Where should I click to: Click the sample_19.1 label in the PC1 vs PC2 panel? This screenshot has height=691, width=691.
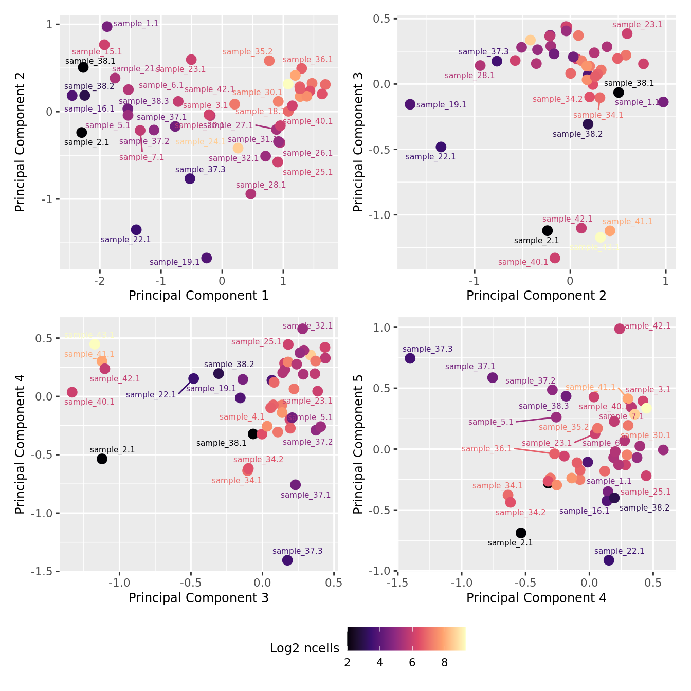174,262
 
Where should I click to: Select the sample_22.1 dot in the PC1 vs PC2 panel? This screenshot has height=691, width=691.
136,230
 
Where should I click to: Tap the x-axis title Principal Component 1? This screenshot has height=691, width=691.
198,296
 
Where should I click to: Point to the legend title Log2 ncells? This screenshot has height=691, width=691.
304,648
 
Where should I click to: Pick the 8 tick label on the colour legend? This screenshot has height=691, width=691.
445,663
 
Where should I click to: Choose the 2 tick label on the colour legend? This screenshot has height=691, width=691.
348,663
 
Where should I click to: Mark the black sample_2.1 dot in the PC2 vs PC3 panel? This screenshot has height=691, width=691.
548,231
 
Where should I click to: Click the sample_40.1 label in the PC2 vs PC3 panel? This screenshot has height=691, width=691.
523,262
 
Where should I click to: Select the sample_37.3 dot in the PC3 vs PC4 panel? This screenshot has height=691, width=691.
287,560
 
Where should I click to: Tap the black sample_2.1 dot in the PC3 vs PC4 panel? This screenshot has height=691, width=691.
102,459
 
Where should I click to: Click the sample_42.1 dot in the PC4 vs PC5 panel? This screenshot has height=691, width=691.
620,329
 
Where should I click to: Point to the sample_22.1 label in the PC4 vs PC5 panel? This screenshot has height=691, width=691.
619,551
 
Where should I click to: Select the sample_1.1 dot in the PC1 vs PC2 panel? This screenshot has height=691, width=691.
107,27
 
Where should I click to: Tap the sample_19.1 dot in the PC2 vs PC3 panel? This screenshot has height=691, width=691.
410,104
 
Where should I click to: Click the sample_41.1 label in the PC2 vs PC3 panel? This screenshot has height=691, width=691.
627,222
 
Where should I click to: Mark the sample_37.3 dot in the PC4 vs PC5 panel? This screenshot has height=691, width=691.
410,358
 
